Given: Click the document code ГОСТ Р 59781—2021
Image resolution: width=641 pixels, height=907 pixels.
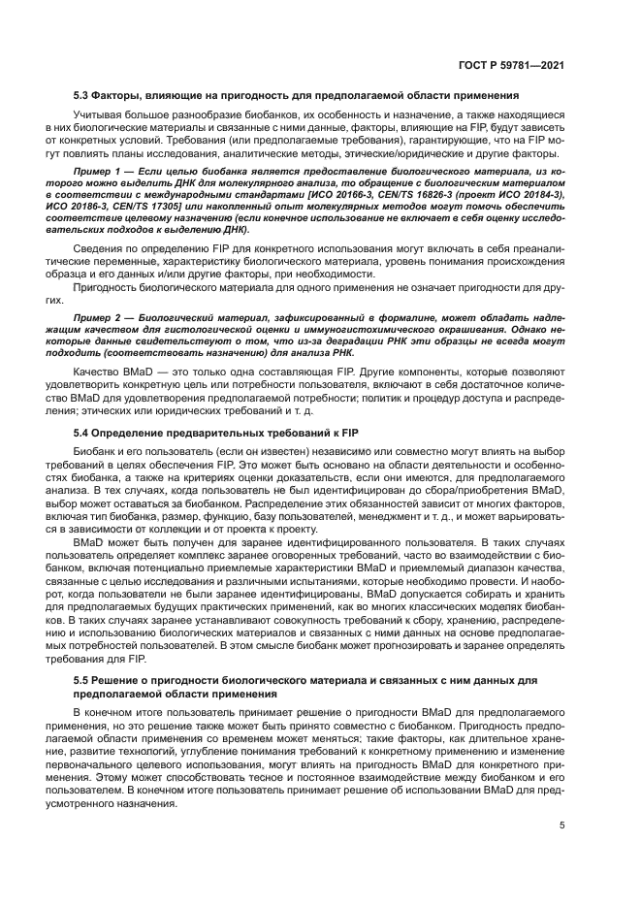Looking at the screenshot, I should (511, 64).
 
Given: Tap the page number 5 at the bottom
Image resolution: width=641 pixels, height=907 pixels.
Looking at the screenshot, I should (561, 826).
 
